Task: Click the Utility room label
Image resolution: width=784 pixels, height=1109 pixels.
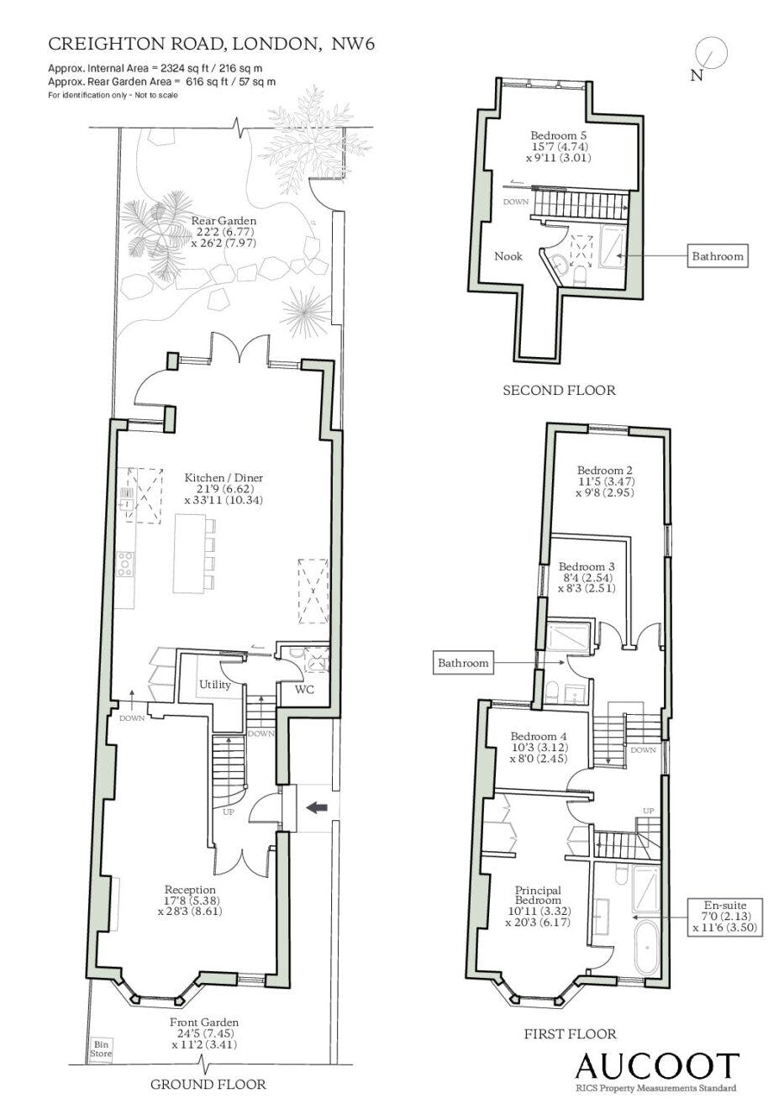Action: pyautogui.click(x=215, y=684)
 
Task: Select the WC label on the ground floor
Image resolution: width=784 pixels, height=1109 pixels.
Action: pyautogui.click(x=304, y=689)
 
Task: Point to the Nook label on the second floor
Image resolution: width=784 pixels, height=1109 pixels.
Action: pyautogui.click(x=508, y=256)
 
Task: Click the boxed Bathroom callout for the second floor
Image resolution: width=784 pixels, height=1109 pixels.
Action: pyautogui.click(x=717, y=256)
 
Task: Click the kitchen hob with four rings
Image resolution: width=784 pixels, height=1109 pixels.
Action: pyautogui.click(x=125, y=564)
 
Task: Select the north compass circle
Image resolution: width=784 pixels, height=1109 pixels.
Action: pyautogui.click(x=711, y=54)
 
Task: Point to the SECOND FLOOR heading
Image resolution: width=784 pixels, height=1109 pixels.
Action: pyautogui.click(x=559, y=390)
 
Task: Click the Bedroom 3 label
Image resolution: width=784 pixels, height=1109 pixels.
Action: pyautogui.click(x=587, y=566)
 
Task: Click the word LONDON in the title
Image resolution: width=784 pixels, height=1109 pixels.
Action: pyautogui.click(x=276, y=44)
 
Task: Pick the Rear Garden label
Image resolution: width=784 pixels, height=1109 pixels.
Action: pyautogui.click(x=224, y=221)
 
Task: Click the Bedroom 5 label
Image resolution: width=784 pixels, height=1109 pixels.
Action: pyautogui.click(x=560, y=135)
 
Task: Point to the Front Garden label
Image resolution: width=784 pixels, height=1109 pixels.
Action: pyautogui.click(x=204, y=1022)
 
